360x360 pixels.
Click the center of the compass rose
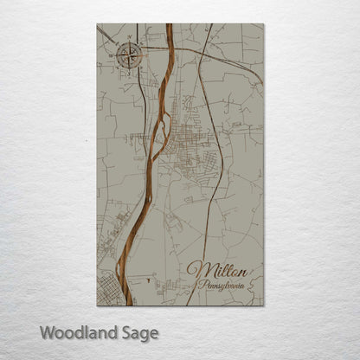(x=129, y=56)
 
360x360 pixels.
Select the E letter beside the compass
(x=145, y=56)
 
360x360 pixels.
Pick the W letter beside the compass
(x=113, y=56)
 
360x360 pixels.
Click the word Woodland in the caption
(x=80, y=331)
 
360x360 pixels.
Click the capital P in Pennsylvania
(x=202, y=283)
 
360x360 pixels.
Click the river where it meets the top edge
(x=169, y=25)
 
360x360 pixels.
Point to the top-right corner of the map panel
(x=263, y=24)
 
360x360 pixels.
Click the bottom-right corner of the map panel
(x=263, y=305)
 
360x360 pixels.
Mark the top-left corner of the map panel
(x=97, y=24)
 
